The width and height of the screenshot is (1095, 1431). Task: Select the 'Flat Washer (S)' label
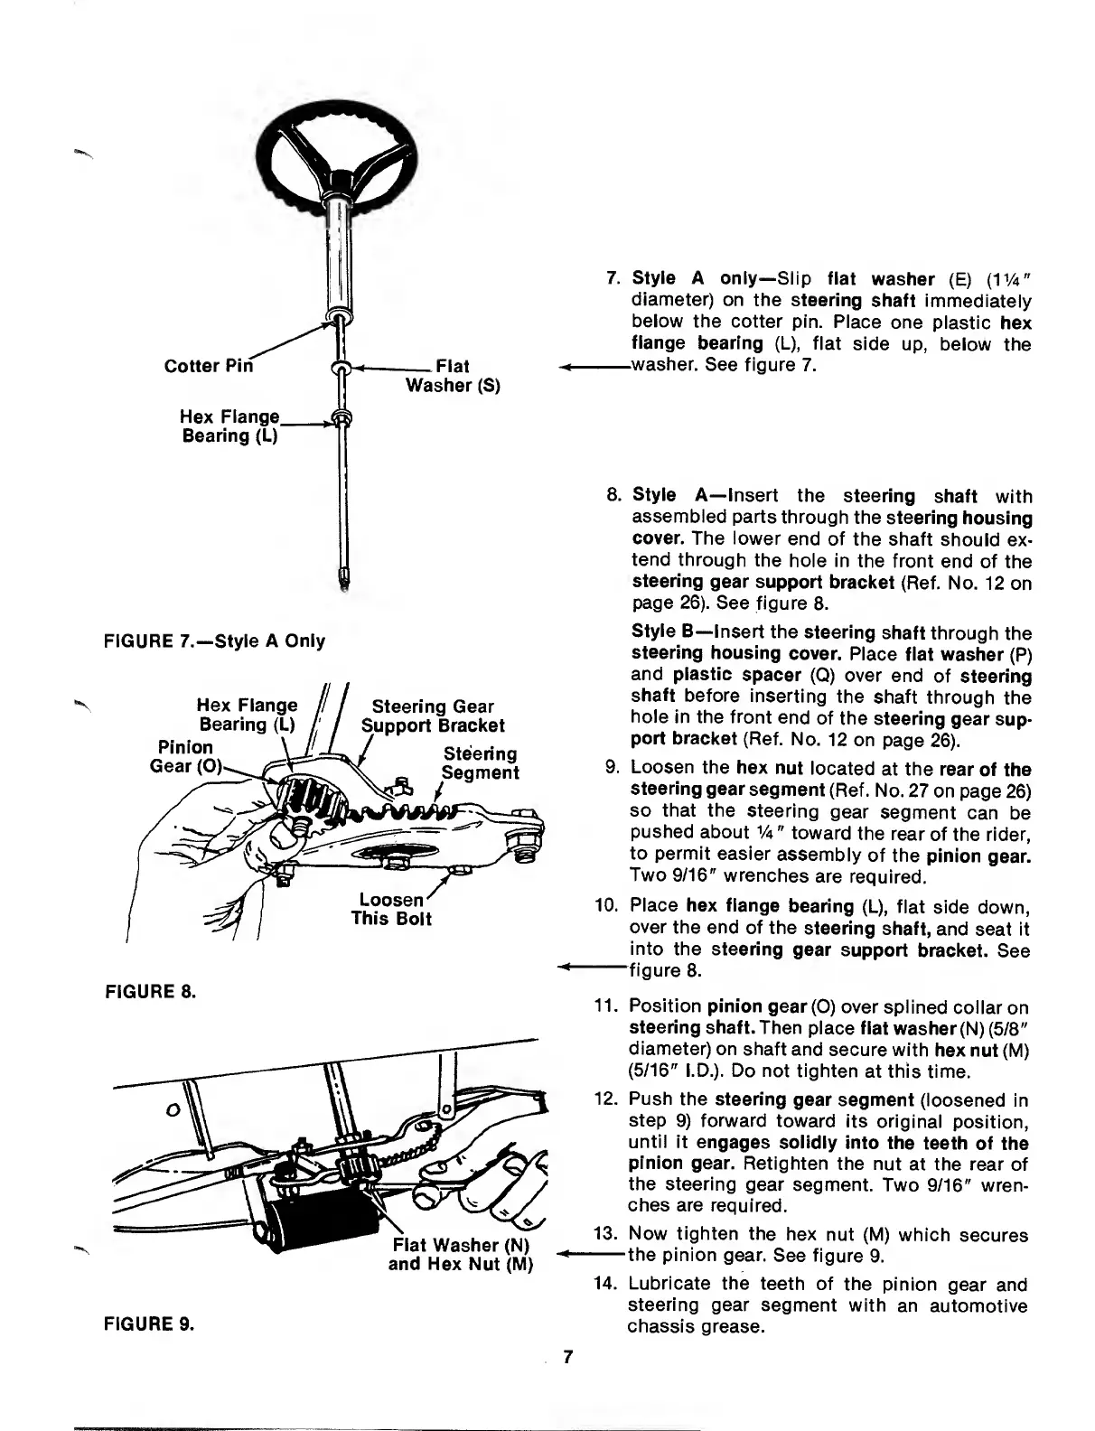tap(452, 376)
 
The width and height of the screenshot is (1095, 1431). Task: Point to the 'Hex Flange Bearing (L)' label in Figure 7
tap(229, 426)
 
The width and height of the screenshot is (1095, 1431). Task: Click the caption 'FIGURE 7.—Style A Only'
tap(215, 641)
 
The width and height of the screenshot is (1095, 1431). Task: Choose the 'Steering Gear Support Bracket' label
tap(433, 715)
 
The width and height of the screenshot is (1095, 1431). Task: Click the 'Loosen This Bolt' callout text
tap(391, 910)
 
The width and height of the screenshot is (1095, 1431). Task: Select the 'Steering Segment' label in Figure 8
tap(480, 763)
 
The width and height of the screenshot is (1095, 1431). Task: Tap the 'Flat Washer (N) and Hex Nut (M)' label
tap(462, 1254)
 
